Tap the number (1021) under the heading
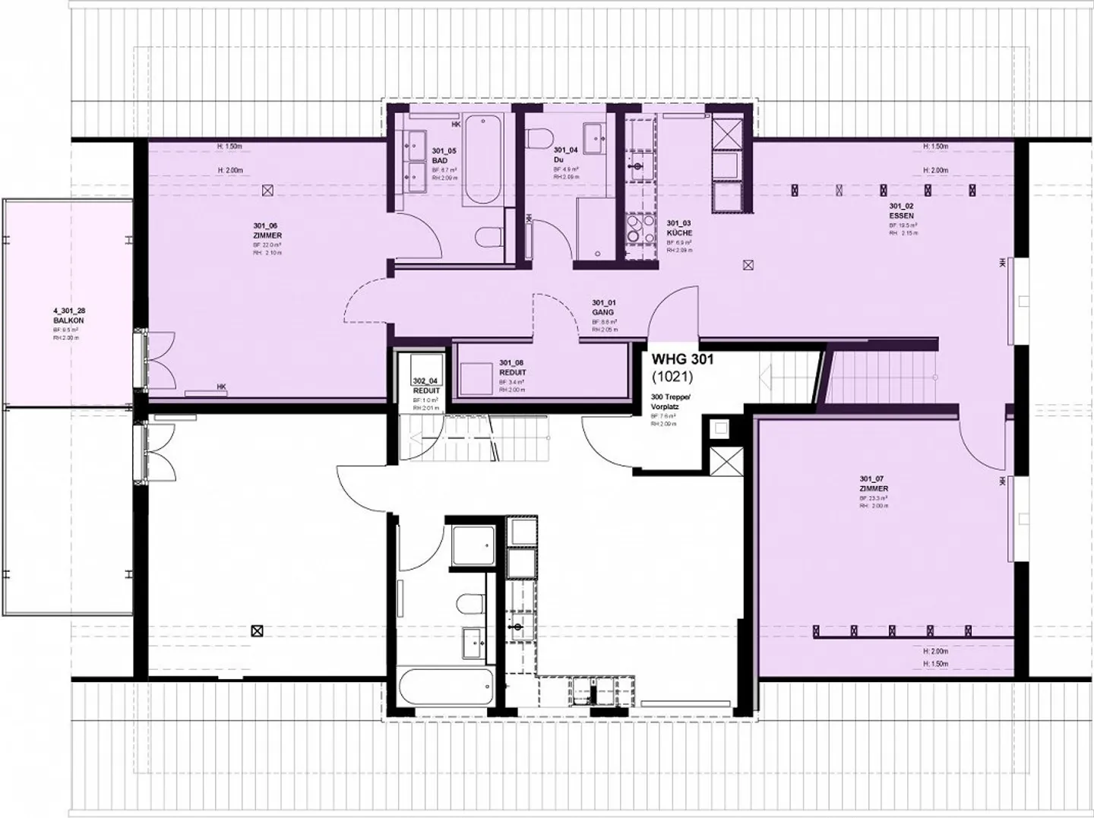(672, 375)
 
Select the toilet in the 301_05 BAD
(489, 237)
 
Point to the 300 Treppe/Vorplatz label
(669, 403)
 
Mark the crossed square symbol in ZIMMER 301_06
(266, 191)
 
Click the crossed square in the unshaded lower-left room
(258, 630)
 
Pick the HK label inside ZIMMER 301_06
(221, 387)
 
